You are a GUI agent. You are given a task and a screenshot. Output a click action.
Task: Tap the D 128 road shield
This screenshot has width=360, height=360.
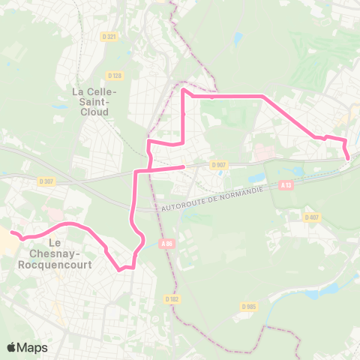pyautogui.click(x=115, y=75)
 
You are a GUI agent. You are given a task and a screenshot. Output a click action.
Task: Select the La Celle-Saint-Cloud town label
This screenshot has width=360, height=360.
pyautogui.click(x=91, y=101)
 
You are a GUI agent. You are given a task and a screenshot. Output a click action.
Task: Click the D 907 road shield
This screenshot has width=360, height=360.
pyautogui.click(x=218, y=165)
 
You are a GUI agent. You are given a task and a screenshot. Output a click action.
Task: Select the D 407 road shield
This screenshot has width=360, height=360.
pyautogui.click(x=312, y=217)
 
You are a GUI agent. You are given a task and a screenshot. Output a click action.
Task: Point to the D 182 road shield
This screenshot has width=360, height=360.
pyautogui.click(x=173, y=277)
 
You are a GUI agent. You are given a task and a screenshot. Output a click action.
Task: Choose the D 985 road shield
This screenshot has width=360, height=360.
pyautogui.click(x=249, y=306)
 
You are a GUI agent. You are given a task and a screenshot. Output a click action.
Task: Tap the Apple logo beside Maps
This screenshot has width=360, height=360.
pyautogui.click(x=12, y=347)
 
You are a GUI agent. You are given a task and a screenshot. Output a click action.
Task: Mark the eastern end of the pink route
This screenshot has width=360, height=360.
pyautogui.click(x=349, y=157)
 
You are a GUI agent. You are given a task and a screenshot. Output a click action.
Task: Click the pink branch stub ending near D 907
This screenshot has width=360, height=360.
pyautogui.click(x=184, y=167)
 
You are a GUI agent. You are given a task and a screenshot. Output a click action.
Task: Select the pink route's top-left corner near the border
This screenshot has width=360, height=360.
pyautogui.click(x=184, y=91)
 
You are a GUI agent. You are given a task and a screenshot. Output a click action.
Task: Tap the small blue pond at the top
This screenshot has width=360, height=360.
pyautogui.click(x=238, y=37)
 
